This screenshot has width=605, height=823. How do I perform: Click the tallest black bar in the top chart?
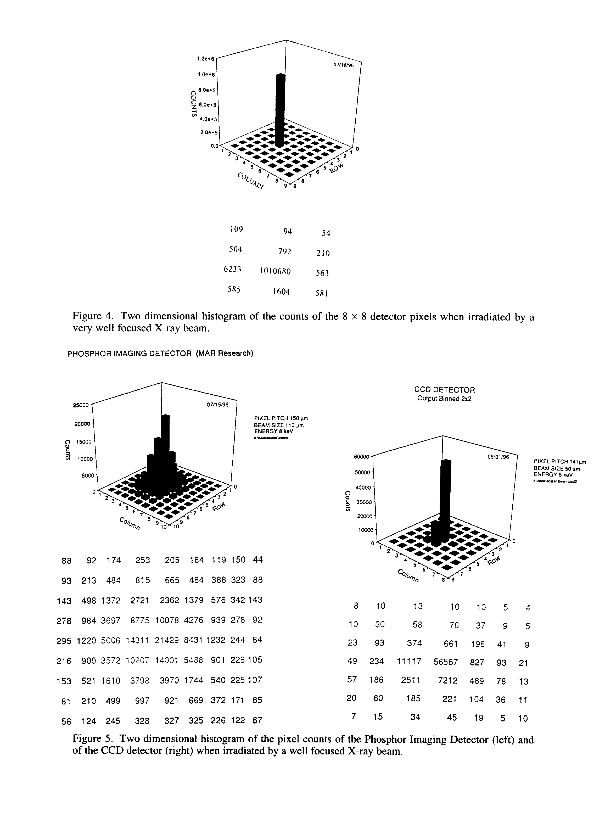(x=280, y=110)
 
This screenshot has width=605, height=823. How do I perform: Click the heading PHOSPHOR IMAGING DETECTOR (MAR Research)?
(x=160, y=354)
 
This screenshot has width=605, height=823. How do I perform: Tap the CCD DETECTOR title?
(x=444, y=390)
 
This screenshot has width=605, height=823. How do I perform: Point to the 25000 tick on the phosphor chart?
(x=81, y=405)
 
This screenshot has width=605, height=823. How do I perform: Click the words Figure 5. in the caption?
(x=92, y=740)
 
